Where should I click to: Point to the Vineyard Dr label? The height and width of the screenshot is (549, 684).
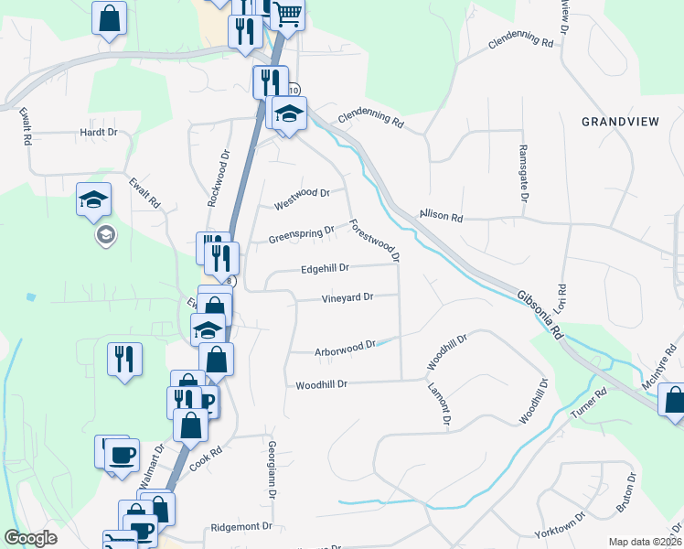click(347, 298)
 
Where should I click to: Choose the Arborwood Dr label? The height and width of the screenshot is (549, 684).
click(346, 348)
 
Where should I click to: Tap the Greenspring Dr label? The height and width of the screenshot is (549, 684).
click(301, 236)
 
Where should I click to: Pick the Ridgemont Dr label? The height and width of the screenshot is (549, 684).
click(241, 527)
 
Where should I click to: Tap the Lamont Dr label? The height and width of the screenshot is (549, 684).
click(441, 404)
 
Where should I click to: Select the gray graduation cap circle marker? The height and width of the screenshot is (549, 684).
click(105, 237)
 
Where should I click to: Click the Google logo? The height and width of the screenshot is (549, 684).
click(30, 539)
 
